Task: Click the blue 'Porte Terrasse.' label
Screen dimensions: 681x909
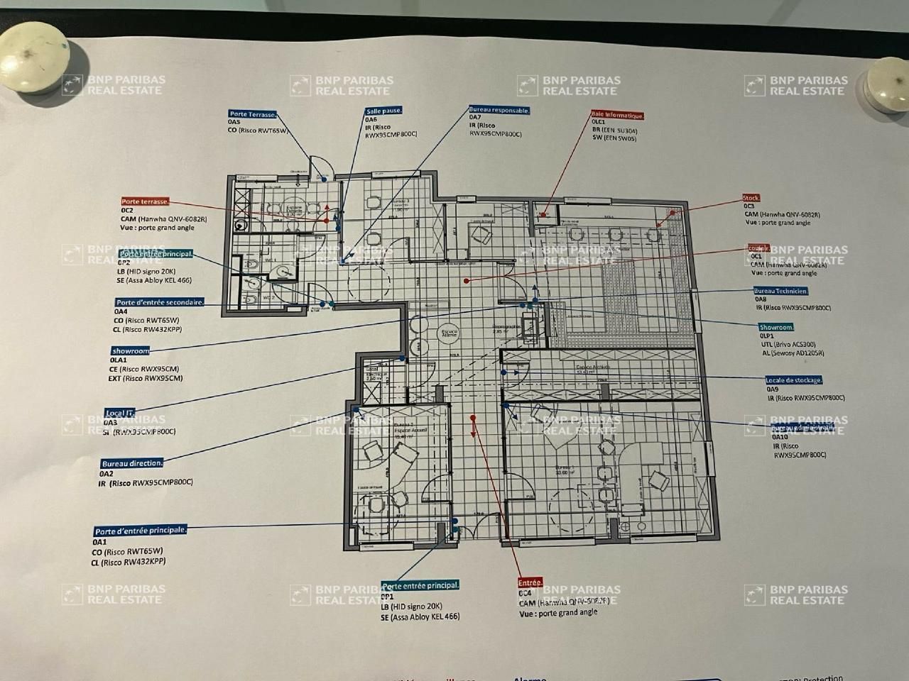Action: coord(253,114)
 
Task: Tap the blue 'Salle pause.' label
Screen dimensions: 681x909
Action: coord(384,111)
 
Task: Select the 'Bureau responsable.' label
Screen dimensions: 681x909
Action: coord(499,110)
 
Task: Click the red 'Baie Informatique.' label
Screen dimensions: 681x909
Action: coord(617,114)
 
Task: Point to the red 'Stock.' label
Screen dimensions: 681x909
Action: coord(751,198)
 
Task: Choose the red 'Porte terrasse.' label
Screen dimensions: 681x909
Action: coord(145,202)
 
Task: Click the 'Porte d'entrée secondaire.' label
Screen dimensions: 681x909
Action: coord(160,302)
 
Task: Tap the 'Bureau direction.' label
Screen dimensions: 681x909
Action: coord(132,463)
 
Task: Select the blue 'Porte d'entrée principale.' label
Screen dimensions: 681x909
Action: coord(141,531)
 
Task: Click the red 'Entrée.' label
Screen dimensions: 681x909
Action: coord(530,582)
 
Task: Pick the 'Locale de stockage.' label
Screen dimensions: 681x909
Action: coord(794,380)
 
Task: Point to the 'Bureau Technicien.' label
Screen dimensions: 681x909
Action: coord(781,291)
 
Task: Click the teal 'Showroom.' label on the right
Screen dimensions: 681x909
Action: coord(776,327)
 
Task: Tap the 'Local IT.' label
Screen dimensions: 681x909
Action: coord(119,412)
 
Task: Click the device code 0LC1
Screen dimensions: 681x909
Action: coord(598,122)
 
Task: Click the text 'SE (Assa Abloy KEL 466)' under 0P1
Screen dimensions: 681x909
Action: coord(420,617)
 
